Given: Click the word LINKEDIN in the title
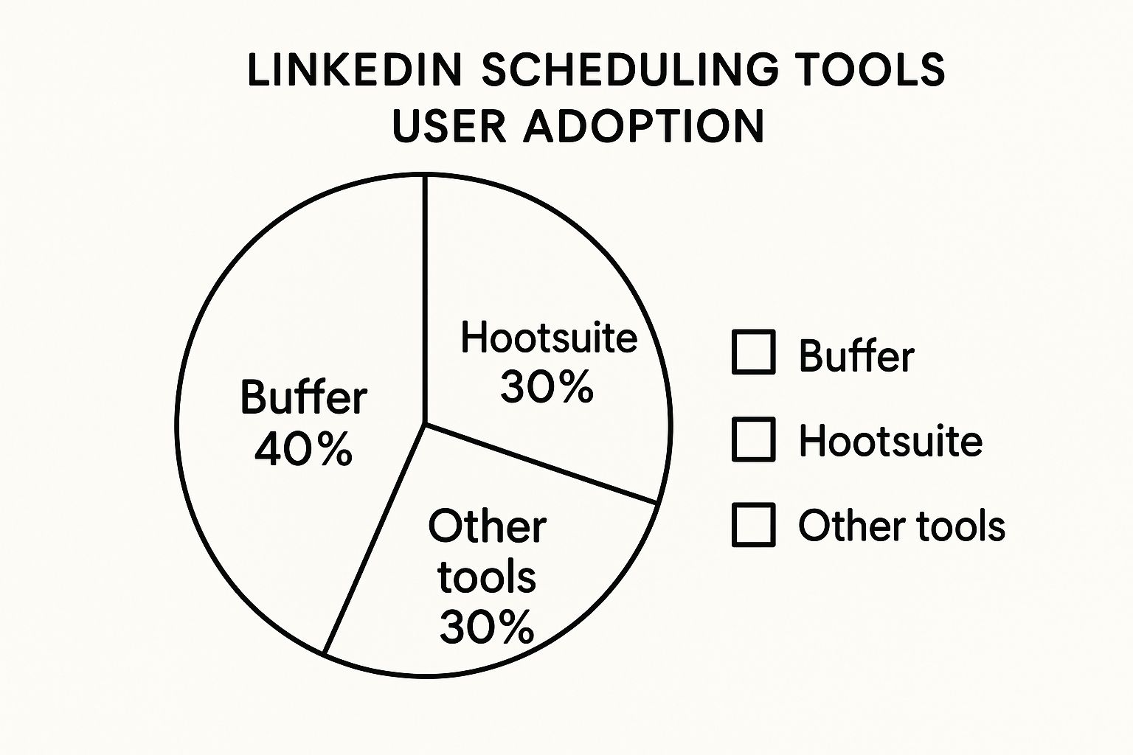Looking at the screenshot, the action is (355, 69).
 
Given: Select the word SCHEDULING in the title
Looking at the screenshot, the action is (630, 69).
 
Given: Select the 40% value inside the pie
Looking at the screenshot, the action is (303, 448).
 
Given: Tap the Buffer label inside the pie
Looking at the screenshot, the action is (303, 397).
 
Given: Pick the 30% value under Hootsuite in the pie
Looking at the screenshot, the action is (547, 387).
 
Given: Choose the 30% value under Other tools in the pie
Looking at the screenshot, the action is (487, 627).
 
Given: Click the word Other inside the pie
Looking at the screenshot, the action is (487, 526).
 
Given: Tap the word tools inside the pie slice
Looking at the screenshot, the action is (487, 577).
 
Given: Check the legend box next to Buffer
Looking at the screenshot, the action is (754, 352).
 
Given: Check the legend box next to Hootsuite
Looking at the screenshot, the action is (754, 439).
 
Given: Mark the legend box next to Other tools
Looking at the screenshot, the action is (754, 525).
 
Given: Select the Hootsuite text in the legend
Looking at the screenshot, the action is (891, 442).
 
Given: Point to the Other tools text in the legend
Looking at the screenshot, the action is (902, 526).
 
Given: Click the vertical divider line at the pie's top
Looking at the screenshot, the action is (425, 299).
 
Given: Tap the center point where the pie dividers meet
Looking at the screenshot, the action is (425, 424).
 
